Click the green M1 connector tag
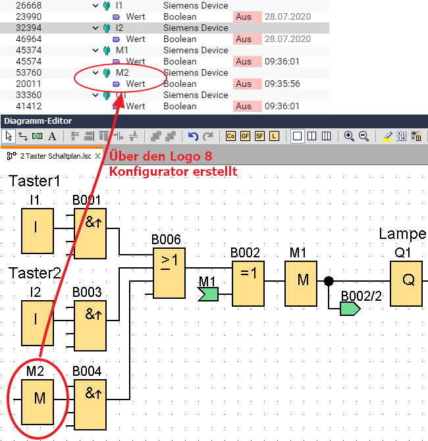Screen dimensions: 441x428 tap(209, 292)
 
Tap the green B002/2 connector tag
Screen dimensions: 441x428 tap(350, 308)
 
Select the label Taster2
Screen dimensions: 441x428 tap(34, 273)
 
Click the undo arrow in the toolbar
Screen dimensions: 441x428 tap(193, 136)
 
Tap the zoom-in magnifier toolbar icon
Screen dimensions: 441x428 tap(349, 136)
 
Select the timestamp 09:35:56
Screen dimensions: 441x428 tap(282, 84)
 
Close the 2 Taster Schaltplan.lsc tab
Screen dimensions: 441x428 tap(98, 156)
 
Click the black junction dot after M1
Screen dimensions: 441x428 tap(328, 282)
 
